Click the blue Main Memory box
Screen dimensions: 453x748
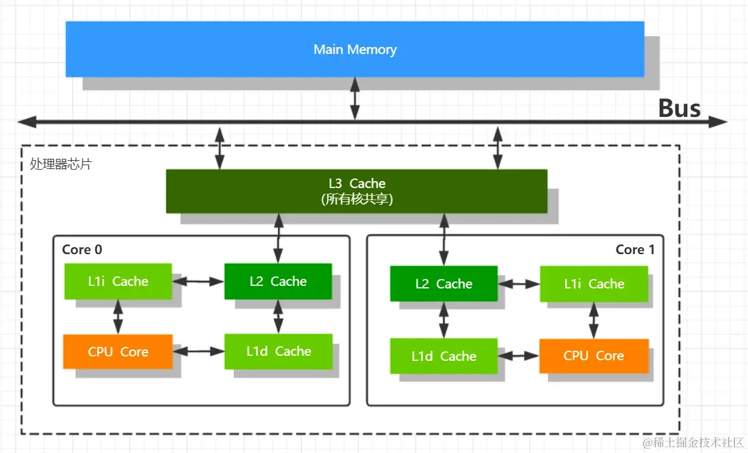point(355,50)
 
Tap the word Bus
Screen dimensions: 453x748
point(679,109)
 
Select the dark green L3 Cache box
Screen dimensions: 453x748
point(356,191)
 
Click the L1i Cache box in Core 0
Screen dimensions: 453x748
point(117,281)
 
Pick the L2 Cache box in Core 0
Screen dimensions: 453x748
point(278,281)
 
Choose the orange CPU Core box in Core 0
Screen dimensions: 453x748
point(117,351)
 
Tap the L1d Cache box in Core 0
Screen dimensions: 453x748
point(278,351)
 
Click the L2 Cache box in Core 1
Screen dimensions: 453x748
point(443,284)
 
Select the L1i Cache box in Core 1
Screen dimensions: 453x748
point(594,284)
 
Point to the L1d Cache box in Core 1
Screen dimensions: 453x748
point(443,356)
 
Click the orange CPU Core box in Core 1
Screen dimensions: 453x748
point(594,356)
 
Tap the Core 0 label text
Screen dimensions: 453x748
point(82,250)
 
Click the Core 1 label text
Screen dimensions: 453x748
point(634,250)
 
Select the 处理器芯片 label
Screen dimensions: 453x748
point(61,164)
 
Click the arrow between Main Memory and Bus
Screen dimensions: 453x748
point(355,98)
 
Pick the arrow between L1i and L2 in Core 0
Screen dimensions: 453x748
point(198,281)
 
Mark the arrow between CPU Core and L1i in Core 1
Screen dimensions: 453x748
point(594,320)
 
